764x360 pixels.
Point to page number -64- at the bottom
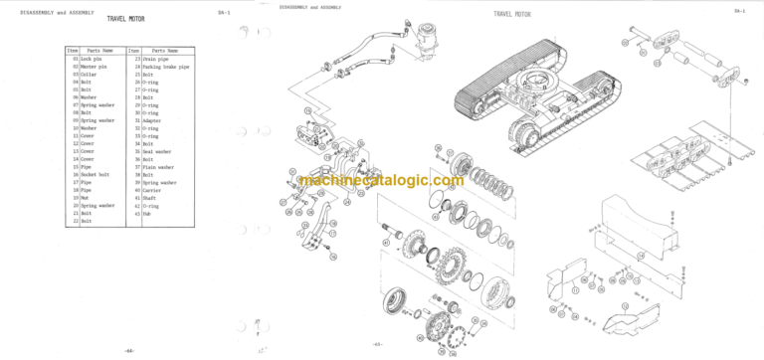point(128,351)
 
